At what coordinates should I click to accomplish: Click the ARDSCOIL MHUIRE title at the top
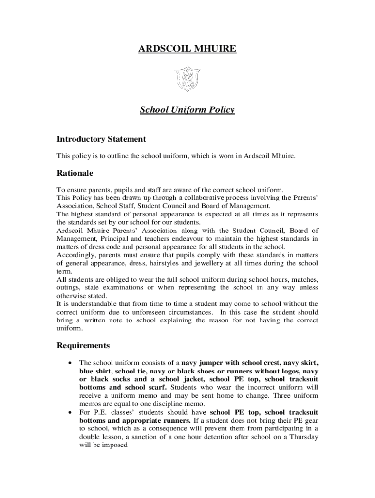(187, 49)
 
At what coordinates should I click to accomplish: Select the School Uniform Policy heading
(187, 110)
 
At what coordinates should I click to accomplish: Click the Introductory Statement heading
(101, 139)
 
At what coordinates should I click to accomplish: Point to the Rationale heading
(75, 173)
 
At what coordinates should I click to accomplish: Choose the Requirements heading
(83, 346)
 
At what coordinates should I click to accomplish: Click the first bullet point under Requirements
(72, 363)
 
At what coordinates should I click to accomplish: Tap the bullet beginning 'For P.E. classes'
(72, 412)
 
